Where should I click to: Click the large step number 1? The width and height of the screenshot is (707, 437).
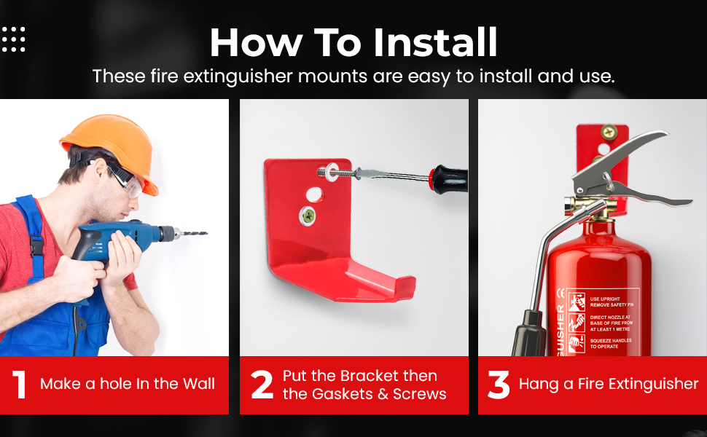20,385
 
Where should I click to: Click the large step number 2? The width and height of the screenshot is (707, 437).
262,385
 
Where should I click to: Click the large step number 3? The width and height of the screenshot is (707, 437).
498,385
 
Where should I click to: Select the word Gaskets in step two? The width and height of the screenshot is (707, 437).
343,394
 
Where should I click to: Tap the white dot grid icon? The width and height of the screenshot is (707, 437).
14,39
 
